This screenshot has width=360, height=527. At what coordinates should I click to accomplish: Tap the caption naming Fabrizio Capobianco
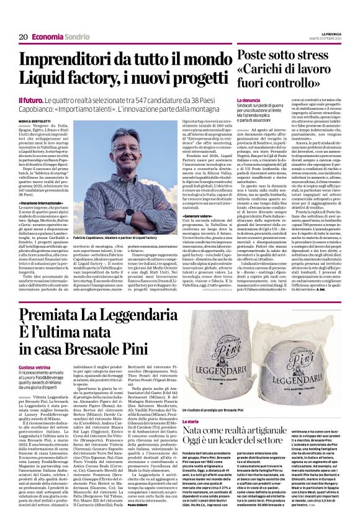[x=128, y=237]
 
